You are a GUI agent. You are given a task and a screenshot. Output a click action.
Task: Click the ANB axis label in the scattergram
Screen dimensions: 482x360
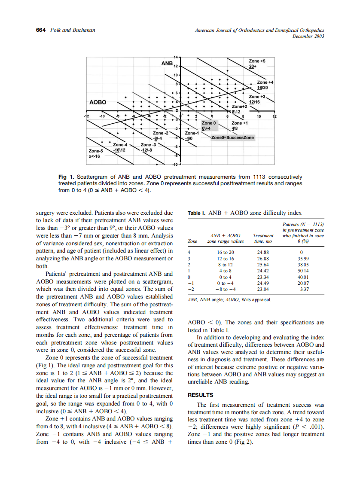(x=167, y=63)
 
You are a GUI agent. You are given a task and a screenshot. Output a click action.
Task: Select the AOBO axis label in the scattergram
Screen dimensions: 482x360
(x=98, y=103)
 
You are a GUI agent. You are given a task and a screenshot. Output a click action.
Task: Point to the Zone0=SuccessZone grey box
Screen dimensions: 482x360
(x=232, y=137)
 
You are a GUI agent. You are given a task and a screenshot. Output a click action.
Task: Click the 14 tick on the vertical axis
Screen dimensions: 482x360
(x=175, y=57)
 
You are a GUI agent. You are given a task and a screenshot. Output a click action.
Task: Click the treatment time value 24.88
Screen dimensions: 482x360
(x=262, y=251)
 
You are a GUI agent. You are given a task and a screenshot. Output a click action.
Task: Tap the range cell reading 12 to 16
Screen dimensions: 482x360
(x=226, y=258)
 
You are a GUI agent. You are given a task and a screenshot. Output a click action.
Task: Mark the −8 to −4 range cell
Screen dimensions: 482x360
(x=226, y=290)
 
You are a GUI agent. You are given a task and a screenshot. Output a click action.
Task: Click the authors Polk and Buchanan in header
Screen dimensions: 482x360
(x=73, y=30)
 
